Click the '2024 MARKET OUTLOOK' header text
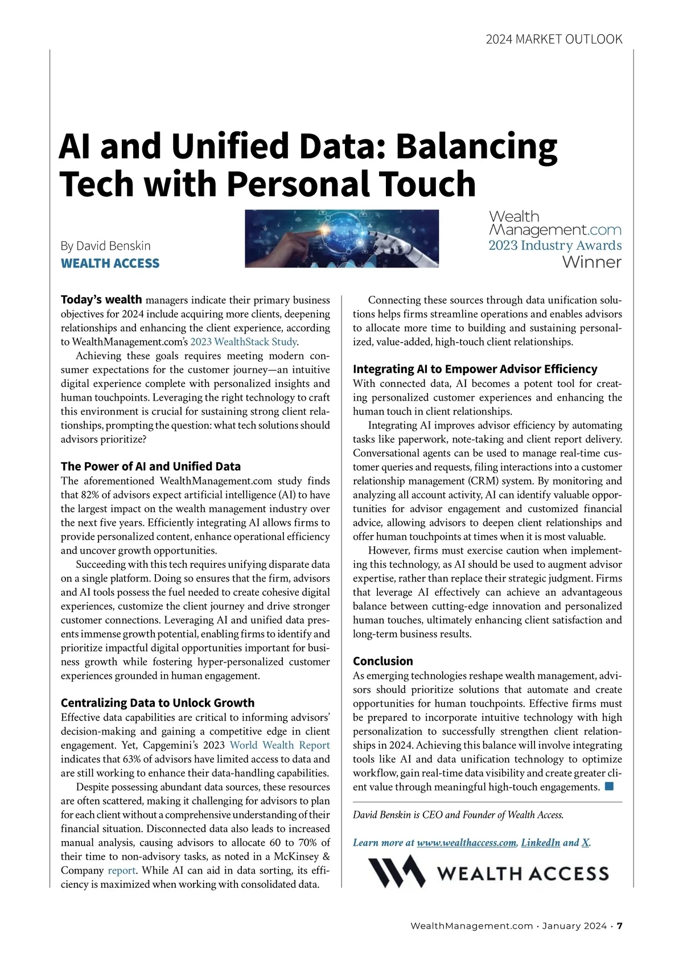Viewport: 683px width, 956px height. coord(554,39)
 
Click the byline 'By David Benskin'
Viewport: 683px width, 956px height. coord(106,246)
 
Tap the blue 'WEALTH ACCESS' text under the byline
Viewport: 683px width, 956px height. coord(110,263)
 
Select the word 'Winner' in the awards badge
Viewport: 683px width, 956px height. coord(591,262)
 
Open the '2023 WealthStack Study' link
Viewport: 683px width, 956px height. coord(244,342)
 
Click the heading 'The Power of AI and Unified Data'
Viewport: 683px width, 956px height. coord(151,467)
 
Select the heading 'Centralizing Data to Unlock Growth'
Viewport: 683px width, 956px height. coord(158,703)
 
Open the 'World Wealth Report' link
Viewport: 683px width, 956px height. coord(279,745)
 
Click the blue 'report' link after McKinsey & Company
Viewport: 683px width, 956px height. coord(122,871)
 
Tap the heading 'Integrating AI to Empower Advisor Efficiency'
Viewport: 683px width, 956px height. coord(475,369)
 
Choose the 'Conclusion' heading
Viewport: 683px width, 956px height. coord(383,661)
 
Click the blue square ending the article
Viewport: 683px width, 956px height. coord(609,786)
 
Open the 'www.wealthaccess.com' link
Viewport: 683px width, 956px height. coord(467,843)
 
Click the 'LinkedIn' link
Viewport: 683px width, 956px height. coord(540,843)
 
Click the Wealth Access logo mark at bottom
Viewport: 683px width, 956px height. coord(397,871)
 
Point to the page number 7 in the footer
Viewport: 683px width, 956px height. coord(620,926)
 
